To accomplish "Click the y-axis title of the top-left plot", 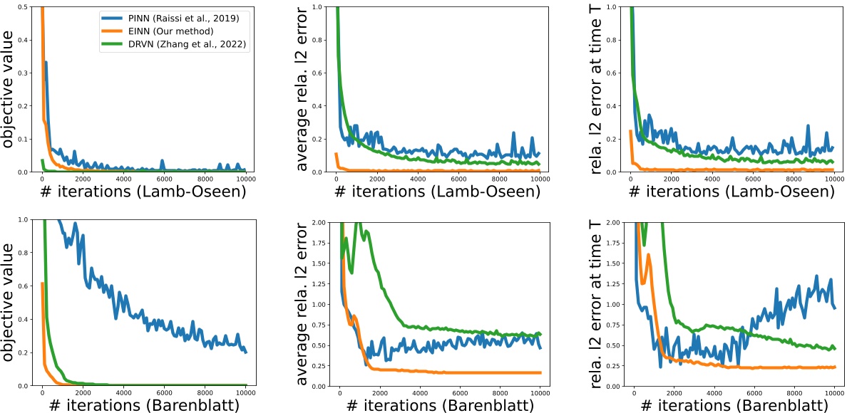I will click(15, 89).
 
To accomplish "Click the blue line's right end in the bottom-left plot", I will click(246, 352).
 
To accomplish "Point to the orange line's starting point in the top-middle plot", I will click(336, 154).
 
